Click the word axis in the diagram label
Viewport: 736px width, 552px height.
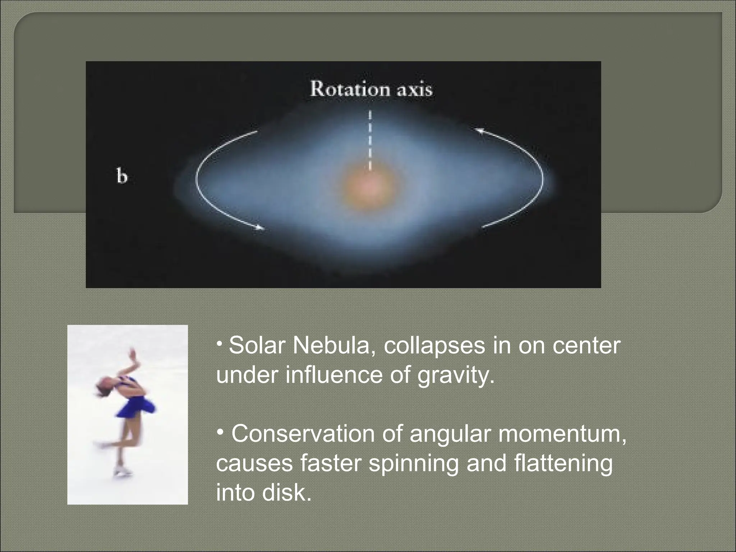414,90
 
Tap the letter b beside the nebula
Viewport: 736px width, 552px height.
122,177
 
